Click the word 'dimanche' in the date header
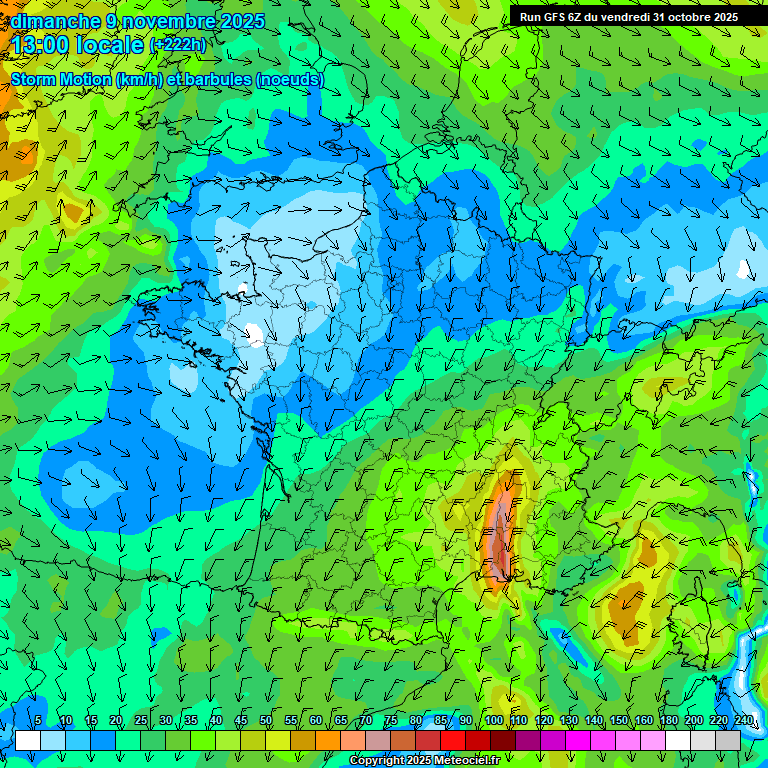coord(55,21)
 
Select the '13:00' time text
coord(44,45)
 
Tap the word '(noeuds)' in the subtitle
coord(290,79)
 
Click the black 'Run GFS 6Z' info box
coord(628,17)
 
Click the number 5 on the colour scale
coord(38,721)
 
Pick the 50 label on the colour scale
coord(266,721)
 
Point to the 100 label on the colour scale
coord(493,721)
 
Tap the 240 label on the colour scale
coord(743,721)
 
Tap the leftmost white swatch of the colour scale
coord(28,740)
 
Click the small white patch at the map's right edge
coord(745,268)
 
